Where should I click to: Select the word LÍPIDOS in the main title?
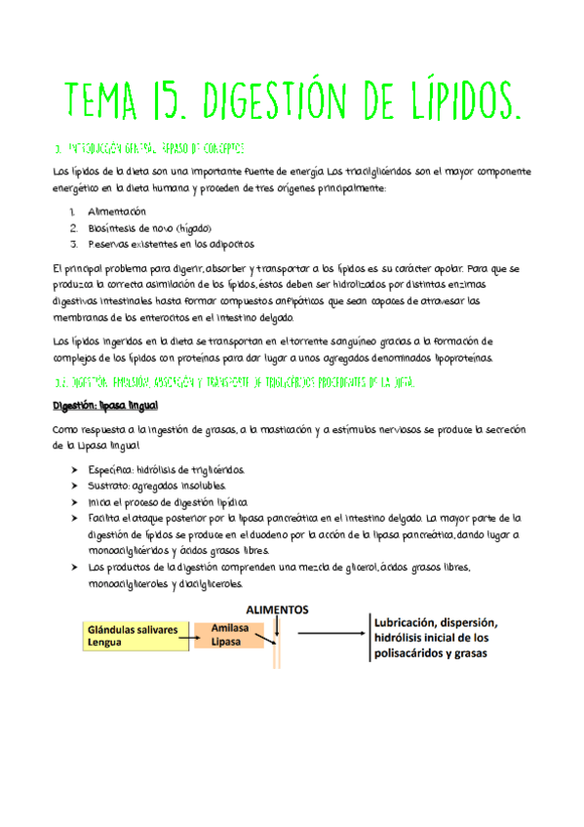(456, 98)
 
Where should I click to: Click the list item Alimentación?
(116, 211)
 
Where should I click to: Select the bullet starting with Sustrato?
(157, 486)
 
